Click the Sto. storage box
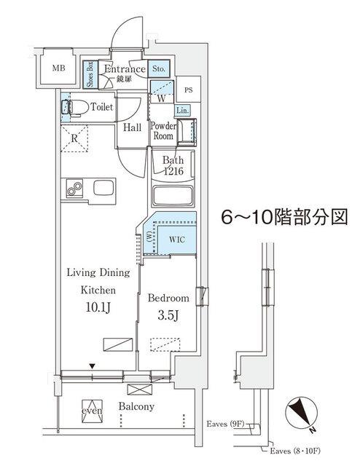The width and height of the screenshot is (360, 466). coord(160,70)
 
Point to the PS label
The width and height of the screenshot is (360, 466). coord(188,90)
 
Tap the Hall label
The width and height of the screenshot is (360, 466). coord(132,128)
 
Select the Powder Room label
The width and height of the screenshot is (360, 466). coord(162,130)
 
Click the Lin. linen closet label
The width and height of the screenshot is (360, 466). coord(183,110)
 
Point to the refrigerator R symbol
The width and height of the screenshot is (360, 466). coord(74,137)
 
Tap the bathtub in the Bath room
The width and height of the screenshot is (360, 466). coord(173,197)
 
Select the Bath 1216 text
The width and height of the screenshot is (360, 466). coord(172,165)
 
